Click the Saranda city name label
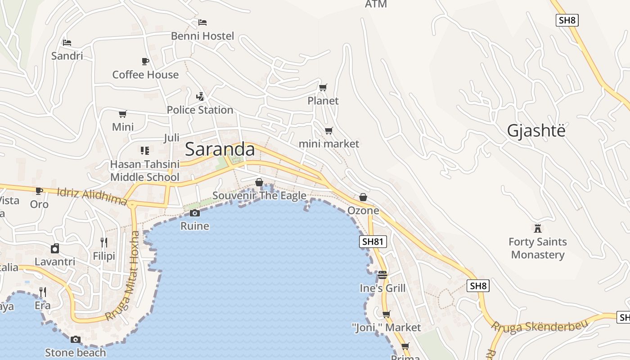point(220,149)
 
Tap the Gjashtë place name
point(535,130)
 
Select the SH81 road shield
point(373,242)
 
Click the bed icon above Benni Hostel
point(202,22)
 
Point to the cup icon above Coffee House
point(145,61)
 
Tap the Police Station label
point(200,110)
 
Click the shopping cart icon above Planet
point(323,87)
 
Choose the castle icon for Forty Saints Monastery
point(537,228)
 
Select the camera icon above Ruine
point(195,213)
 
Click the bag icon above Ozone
point(363,197)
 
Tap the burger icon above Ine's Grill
point(382,274)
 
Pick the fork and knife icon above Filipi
point(104,243)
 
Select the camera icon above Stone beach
point(76,339)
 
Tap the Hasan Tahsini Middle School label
point(144,171)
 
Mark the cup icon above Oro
point(39,191)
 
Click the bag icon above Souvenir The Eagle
point(259,182)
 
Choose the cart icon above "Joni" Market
point(386,314)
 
